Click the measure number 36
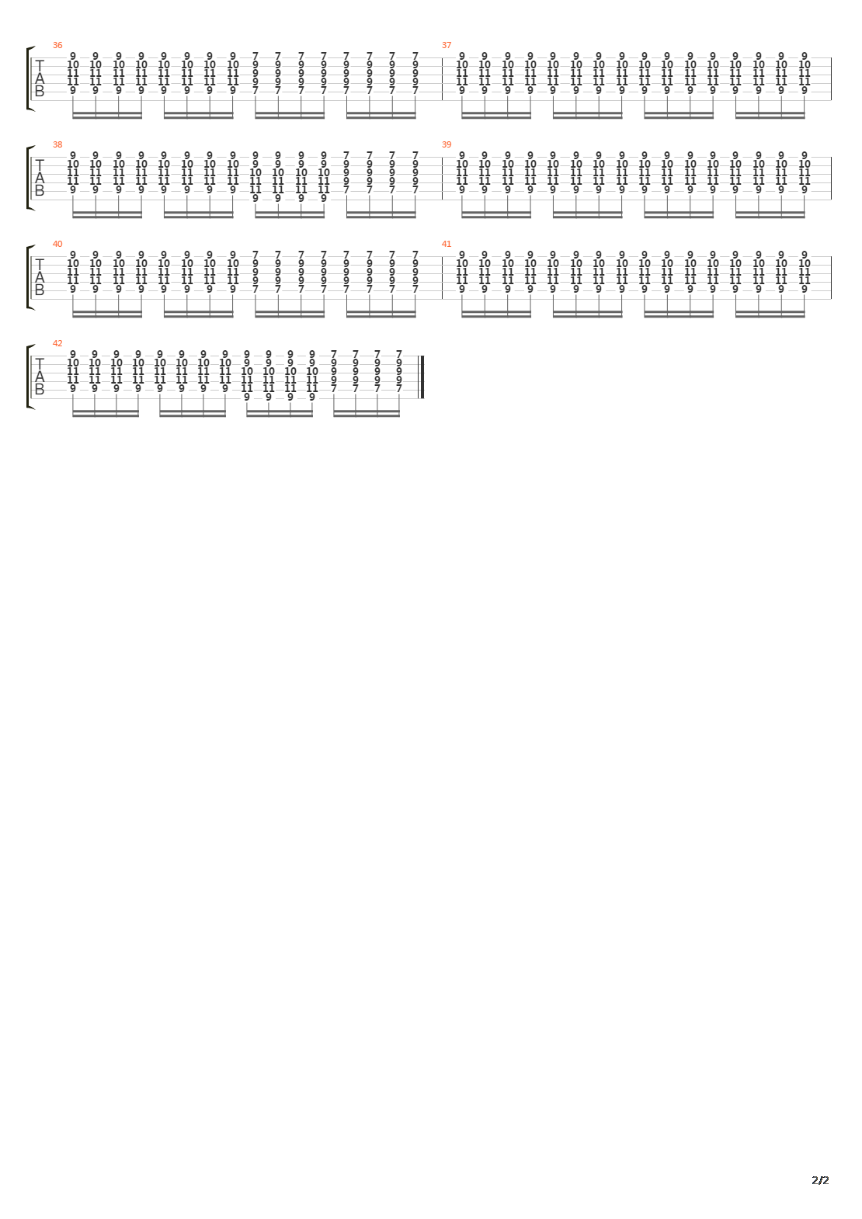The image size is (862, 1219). tap(57, 45)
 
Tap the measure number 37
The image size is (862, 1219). tap(447, 45)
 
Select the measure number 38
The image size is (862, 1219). tap(57, 144)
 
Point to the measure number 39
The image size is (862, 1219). tap(447, 144)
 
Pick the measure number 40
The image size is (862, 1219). tap(57, 244)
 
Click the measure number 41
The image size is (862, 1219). tap(447, 244)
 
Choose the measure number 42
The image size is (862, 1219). tap(57, 343)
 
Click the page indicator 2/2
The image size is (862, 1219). tap(820, 1180)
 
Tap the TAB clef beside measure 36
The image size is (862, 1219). tap(40, 78)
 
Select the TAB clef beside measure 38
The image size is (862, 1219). tap(40, 178)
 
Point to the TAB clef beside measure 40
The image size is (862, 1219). tap(40, 277)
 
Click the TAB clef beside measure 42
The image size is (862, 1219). tap(40, 377)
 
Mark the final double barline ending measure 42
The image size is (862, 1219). tap(422, 377)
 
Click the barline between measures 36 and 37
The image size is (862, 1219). tap(443, 78)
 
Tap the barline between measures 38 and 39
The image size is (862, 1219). tap(443, 178)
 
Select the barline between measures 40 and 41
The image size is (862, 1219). tap(443, 277)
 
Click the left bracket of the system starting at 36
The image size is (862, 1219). tap(29, 78)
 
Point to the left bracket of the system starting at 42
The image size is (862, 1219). tap(29, 377)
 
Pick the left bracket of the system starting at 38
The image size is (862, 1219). tap(29, 178)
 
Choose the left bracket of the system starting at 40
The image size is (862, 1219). tap(29, 277)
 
